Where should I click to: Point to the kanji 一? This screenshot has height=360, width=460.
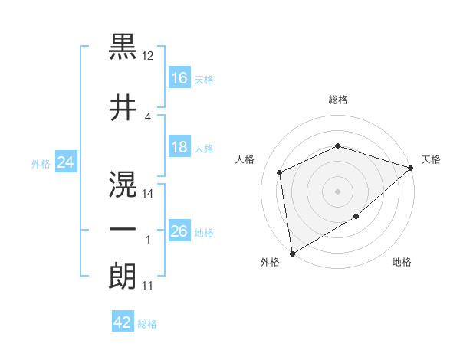click(x=123, y=228)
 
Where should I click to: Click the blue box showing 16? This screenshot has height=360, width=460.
click(x=179, y=77)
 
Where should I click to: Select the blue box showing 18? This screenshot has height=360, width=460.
click(x=179, y=147)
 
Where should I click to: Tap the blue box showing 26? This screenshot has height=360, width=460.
click(x=179, y=231)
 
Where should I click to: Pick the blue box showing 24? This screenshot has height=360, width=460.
click(x=66, y=162)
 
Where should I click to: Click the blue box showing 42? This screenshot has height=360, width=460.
click(x=123, y=322)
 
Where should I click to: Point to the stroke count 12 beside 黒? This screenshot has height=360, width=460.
click(x=148, y=56)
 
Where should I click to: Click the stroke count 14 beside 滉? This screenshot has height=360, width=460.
click(x=148, y=193)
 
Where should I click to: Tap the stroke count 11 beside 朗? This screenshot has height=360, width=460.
click(x=148, y=286)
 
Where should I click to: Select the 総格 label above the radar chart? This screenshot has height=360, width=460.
click(x=337, y=100)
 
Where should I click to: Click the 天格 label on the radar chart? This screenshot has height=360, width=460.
click(x=431, y=159)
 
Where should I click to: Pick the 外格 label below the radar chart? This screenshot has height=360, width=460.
click(x=270, y=262)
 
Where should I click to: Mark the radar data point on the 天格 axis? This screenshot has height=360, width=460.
click(x=411, y=168)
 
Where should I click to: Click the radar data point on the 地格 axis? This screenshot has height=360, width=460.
click(x=356, y=218)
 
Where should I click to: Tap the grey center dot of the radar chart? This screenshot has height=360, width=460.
click(x=337, y=191)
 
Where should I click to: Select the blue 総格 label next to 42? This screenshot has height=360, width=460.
click(x=147, y=324)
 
